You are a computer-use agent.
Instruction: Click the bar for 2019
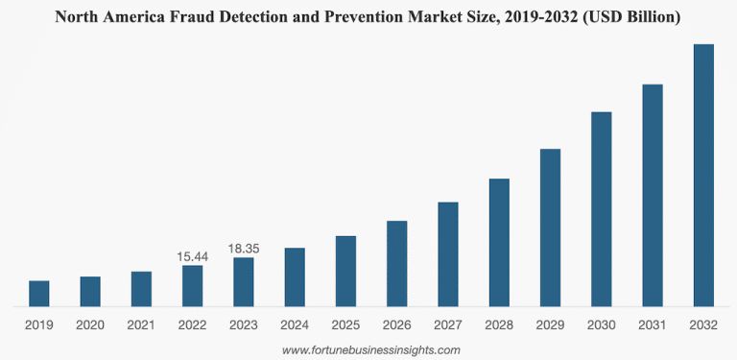click(38, 294)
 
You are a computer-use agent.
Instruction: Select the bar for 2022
click(192, 286)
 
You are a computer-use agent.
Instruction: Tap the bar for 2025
click(345, 272)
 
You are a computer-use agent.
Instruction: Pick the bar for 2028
click(499, 243)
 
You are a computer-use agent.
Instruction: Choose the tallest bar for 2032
click(703, 176)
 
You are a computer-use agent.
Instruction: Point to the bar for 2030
click(602, 209)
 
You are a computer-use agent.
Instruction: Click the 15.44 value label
click(192, 256)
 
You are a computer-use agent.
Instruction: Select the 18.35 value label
click(244, 249)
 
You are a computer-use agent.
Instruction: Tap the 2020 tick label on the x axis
click(90, 325)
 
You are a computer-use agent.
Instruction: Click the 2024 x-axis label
click(295, 325)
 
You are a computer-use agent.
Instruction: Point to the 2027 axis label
click(448, 325)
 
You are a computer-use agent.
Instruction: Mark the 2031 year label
click(653, 325)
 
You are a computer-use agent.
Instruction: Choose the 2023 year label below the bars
click(244, 325)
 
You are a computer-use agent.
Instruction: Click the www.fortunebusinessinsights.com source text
click(370, 350)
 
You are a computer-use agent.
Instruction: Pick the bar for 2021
click(141, 289)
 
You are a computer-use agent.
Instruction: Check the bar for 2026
click(397, 264)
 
